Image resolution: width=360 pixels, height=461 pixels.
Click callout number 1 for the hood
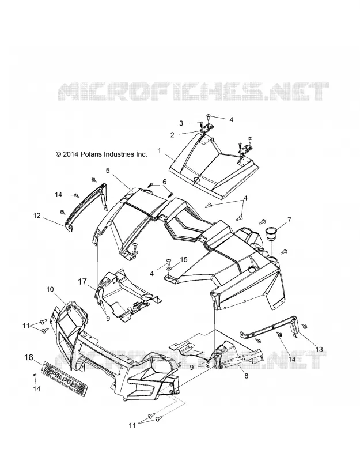(x=160, y=151)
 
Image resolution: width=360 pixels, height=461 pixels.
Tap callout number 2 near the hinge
(x=172, y=135)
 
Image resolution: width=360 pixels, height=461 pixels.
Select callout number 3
(x=181, y=123)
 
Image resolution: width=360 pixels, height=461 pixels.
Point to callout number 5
(x=108, y=170)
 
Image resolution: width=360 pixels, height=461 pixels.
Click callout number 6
(x=165, y=181)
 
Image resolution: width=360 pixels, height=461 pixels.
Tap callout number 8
(x=247, y=376)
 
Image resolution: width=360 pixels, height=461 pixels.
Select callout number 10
(x=50, y=289)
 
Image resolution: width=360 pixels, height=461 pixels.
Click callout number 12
(x=37, y=216)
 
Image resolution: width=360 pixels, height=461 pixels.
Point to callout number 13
(x=319, y=349)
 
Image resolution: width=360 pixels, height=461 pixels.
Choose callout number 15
(x=184, y=260)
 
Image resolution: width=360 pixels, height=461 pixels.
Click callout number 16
(x=29, y=357)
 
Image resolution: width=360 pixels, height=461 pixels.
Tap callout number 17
(x=82, y=282)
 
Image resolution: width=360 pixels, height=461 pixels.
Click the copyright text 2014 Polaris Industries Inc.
(x=101, y=154)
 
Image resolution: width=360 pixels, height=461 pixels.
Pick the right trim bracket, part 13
(x=270, y=328)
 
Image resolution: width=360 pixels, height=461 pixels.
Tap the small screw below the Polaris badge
(x=35, y=375)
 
